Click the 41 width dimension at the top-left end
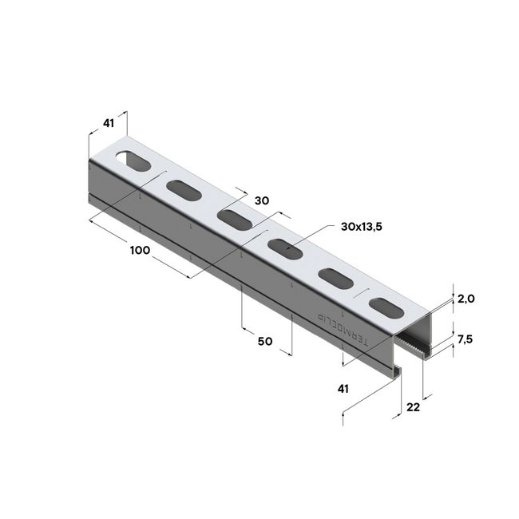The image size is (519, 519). point(109,124)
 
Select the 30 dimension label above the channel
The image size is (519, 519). point(261,202)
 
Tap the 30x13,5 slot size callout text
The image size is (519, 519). point(361,228)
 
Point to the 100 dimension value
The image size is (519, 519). point(141,251)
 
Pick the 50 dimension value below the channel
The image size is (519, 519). point(266,341)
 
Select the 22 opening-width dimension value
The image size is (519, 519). point(413,407)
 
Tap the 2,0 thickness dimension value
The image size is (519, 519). point(466,299)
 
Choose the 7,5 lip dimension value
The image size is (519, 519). point(466,339)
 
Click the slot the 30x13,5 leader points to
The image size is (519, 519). point(285,248)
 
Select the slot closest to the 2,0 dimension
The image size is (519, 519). point(386,306)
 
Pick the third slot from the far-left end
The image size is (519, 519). point(234,219)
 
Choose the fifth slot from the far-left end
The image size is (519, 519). point(335,277)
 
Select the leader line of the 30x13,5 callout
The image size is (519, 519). point(311,236)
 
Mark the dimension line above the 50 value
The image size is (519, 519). point(267,327)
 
